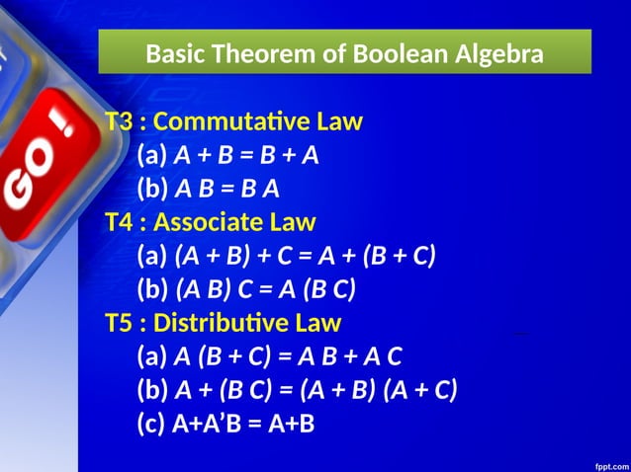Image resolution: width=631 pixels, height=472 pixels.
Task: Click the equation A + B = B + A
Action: tap(245, 156)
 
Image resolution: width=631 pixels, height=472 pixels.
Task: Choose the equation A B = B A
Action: tap(226, 190)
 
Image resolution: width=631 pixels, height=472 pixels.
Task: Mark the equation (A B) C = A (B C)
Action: tap(264, 289)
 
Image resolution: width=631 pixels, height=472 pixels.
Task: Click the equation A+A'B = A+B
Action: tap(243, 423)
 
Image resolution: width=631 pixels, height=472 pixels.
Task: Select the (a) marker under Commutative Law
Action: tap(152, 156)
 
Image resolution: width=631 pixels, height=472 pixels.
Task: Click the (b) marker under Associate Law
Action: tap(152, 289)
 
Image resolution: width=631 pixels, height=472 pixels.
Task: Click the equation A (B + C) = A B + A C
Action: tap(287, 356)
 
